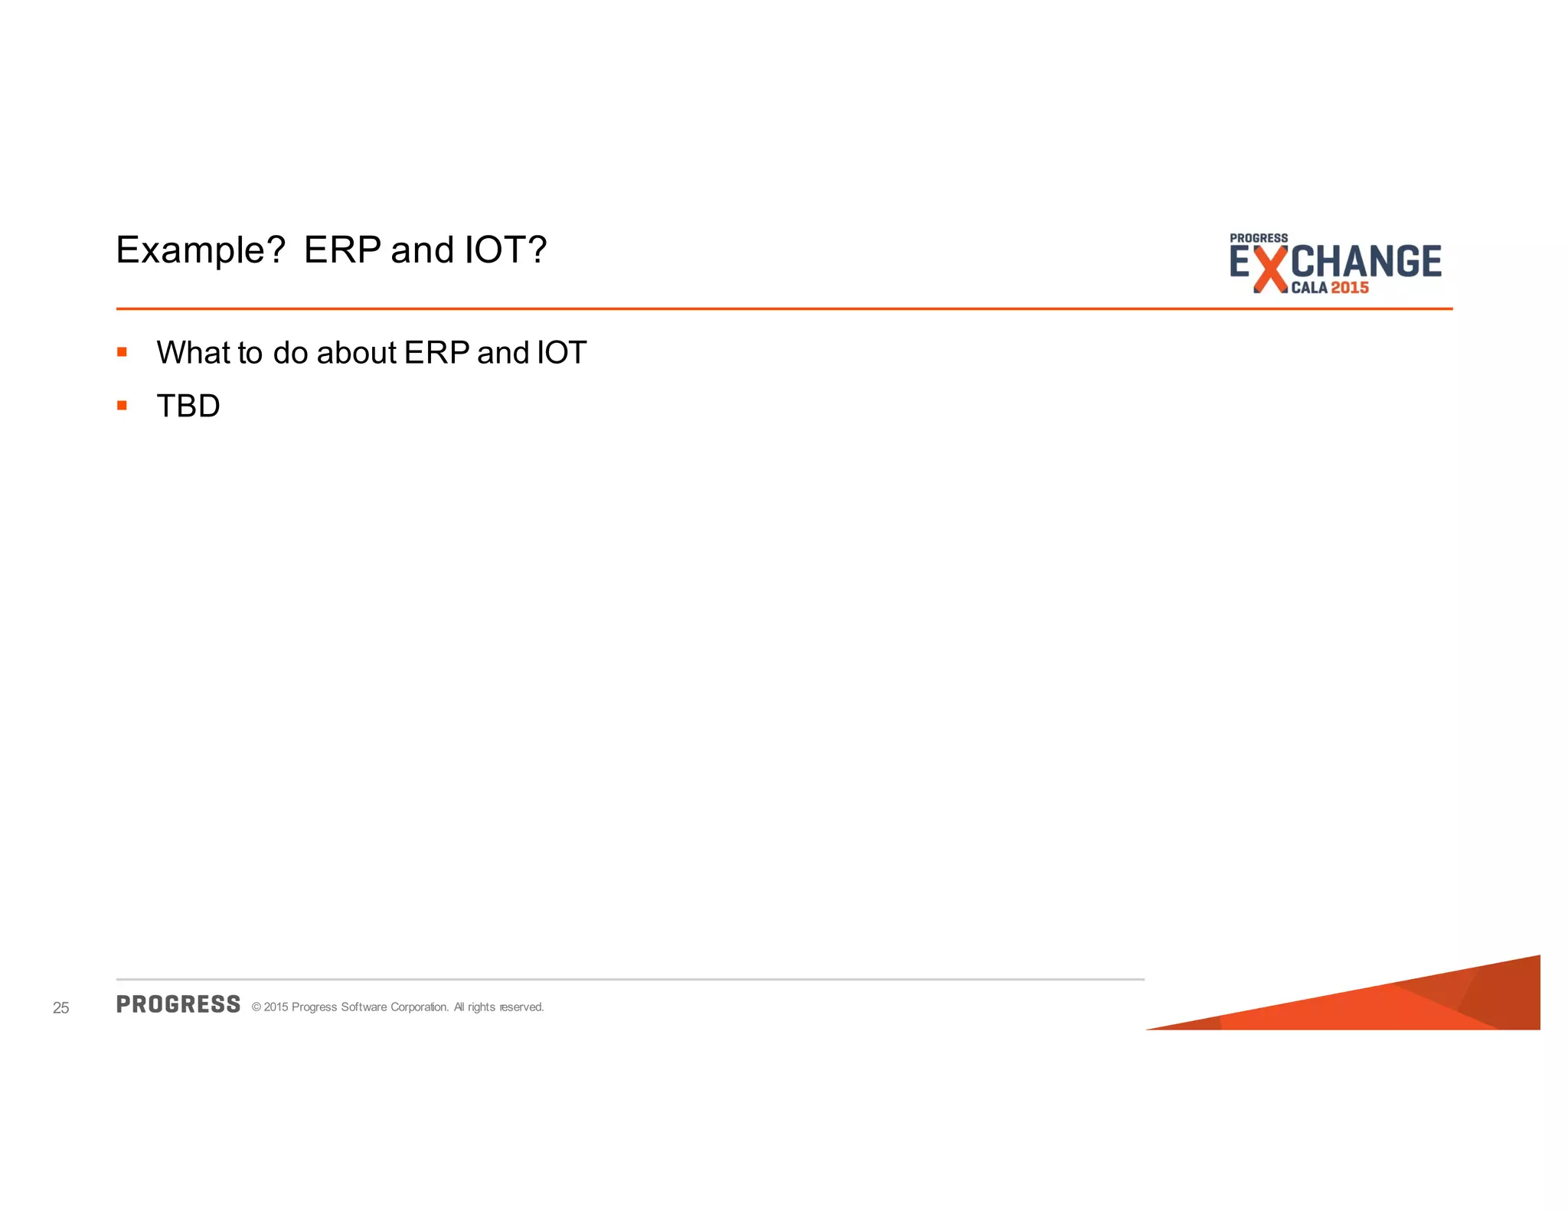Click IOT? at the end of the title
[x=506, y=250]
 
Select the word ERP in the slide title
[x=342, y=250]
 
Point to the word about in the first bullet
[x=356, y=353]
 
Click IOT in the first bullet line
[x=561, y=353]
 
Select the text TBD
[x=188, y=406]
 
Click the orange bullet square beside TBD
[x=122, y=406]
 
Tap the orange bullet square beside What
[x=122, y=352]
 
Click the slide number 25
[x=61, y=1008]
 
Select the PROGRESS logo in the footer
[x=178, y=1004]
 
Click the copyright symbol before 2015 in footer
[x=256, y=1007]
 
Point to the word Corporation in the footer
[x=420, y=1007]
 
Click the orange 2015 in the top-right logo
[x=1350, y=288]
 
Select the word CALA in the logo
[x=1309, y=289]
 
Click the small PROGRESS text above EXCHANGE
[x=1259, y=238]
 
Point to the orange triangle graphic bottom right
[x=1416, y=1003]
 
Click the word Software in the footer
[x=364, y=1007]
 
